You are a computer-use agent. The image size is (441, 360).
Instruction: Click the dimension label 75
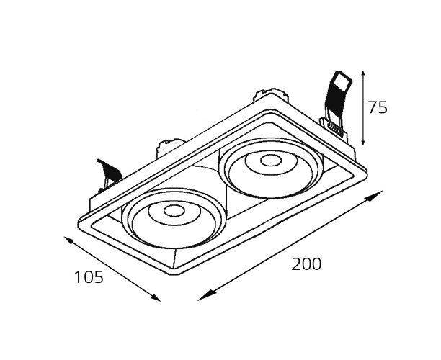(x=378, y=107)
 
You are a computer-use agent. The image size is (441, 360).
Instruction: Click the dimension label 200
(x=306, y=264)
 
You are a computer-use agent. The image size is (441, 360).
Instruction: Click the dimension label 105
(x=89, y=276)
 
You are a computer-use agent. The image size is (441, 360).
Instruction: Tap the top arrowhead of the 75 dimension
(x=363, y=75)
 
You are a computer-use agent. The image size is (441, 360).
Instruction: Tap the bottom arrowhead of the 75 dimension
(x=363, y=141)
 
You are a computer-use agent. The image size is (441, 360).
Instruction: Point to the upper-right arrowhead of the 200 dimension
(x=375, y=195)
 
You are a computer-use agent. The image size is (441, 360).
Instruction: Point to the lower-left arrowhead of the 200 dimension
(x=205, y=296)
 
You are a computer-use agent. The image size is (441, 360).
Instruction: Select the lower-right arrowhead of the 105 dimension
(x=155, y=297)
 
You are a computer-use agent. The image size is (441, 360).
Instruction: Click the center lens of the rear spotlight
(x=271, y=161)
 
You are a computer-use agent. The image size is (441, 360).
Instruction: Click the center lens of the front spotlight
(x=174, y=211)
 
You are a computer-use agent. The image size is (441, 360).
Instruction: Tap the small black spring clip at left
(x=110, y=171)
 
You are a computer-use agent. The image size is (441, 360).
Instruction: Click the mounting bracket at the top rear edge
(x=270, y=96)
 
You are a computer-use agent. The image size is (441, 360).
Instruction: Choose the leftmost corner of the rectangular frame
(x=79, y=224)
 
